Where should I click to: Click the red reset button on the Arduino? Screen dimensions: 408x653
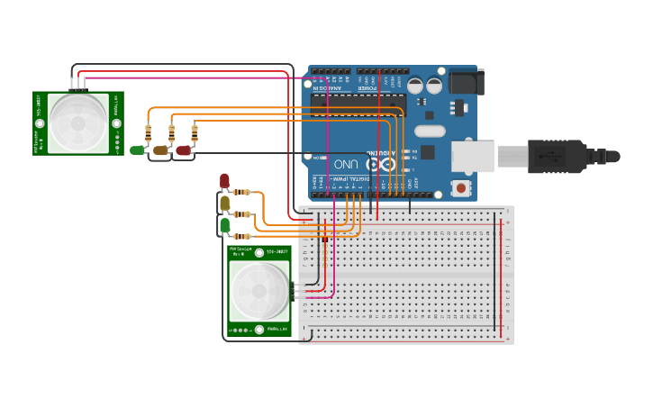point(461,187)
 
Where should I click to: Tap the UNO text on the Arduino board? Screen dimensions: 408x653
point(346,165)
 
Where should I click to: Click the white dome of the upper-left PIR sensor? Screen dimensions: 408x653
point(77,122)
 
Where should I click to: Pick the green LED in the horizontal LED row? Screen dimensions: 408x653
point(137,150)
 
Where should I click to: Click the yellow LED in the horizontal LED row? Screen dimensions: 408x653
point(160,150)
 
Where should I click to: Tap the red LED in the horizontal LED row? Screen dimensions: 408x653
point(183,150)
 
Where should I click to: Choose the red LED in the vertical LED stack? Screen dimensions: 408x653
point(224,181)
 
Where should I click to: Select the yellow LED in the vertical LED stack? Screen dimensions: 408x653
point(224,204)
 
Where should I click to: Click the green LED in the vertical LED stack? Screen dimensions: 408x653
point(224,225)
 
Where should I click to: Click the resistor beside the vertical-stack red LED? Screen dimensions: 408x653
point(241,191)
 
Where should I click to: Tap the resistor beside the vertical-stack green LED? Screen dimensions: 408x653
point(241,237)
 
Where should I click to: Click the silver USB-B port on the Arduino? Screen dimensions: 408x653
point(472,156)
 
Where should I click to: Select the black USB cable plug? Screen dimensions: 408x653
point(558,156)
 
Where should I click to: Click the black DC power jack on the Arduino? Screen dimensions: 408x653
point(467,82)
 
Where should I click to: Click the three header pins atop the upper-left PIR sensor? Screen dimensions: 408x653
point(78,85)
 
